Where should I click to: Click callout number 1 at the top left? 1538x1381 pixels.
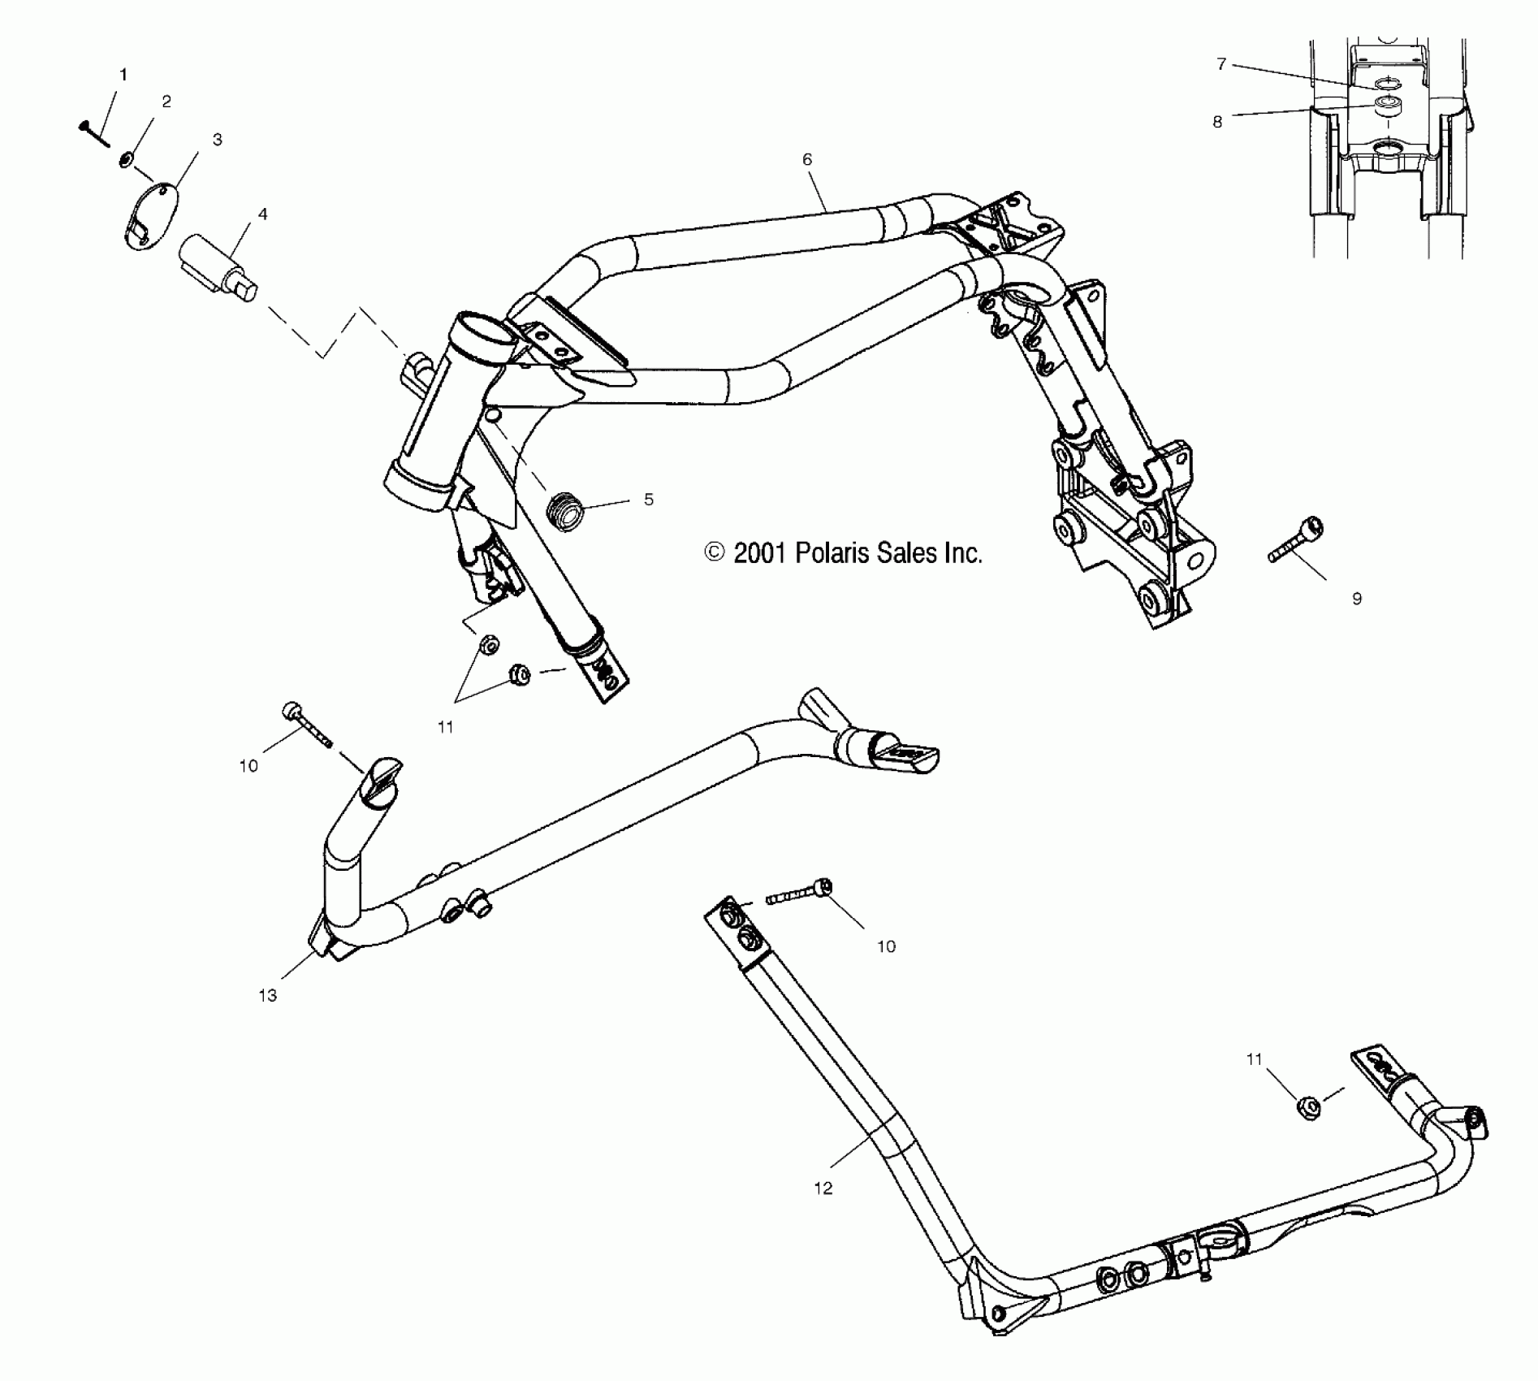[x=123, y=75]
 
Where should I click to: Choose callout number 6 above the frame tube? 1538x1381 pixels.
[x=807, y=160]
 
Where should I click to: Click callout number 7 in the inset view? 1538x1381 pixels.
[x=1221, y=64]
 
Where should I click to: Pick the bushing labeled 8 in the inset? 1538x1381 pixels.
[x=1385, y=106]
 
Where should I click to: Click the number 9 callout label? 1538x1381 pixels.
[x=1357, y=599]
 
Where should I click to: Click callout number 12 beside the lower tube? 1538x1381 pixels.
[x=823, y=1188]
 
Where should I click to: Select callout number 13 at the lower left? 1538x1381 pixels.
[x=268, y=996]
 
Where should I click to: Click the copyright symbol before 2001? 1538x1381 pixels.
[x=715, y=553]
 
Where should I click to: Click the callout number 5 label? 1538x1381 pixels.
[x=649, y=500]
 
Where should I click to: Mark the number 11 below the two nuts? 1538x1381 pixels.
[x=445, y=727]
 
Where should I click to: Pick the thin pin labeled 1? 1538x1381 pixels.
[x=96, y=134]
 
